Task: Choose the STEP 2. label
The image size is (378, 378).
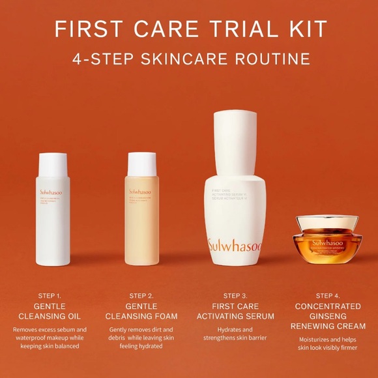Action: pos(142,295)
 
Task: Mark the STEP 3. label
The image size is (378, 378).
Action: pos(235,295)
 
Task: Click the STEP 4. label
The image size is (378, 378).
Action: pos(328,295)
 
